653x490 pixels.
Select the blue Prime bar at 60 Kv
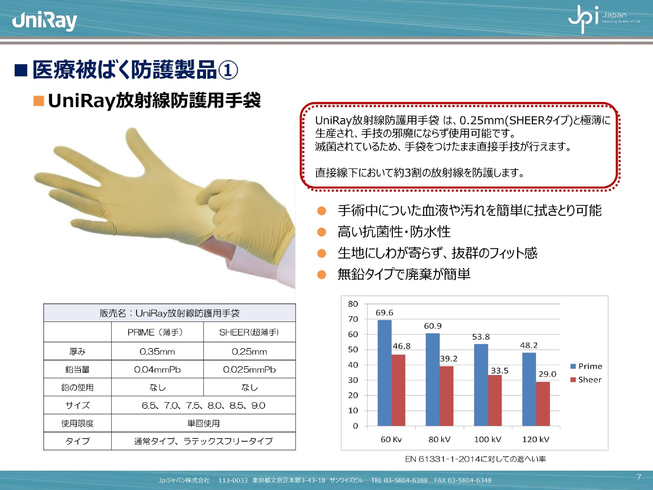tap(384, 373)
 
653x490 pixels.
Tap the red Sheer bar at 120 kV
tap(543, 404)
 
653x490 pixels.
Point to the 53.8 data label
tap(481, 337)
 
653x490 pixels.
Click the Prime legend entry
tap(586, 366)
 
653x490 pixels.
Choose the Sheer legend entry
tap(586, 379)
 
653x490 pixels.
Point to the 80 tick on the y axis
tap(353, 304)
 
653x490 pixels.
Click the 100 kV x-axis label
tap(488, 440)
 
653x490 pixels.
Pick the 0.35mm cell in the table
tap(157, 351)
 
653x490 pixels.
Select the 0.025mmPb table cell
tap(249, 370)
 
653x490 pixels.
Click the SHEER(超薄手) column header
tap(249, 332)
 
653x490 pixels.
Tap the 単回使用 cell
tap(203, 423)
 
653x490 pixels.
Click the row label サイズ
tap(77, 405)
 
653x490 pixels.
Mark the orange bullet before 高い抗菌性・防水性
tap(322, 232)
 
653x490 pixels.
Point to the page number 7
tap(639, 477)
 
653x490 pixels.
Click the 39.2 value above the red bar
tap(449, 359)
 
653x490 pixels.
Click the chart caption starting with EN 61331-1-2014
tap(475, 459)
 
